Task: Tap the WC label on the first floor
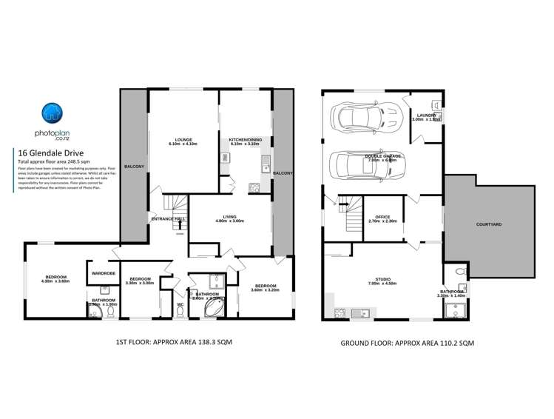pyautogui.click(x=180, y=304)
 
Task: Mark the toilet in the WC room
pyautogui.click(x=180, y=314)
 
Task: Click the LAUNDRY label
pyautogui.click(x=428, y=115)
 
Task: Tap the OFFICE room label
pyautogui.click(x=382, y=216)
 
